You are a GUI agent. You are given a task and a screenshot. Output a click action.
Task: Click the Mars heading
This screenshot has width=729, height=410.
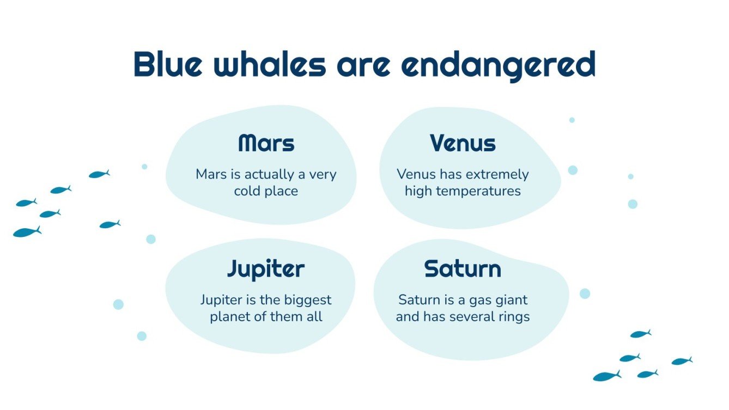pos(266,143)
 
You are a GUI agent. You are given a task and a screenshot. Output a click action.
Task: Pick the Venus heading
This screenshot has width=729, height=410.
pos(463,143)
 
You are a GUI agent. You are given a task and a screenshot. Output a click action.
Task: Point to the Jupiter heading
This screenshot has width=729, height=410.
pos(265,269)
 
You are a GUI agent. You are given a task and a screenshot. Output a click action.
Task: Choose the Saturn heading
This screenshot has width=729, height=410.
pos(463,269)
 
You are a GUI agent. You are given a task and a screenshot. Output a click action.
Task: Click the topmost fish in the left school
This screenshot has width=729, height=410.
pos(99,174)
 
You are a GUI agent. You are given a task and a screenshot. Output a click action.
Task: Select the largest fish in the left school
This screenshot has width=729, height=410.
pos(26,232)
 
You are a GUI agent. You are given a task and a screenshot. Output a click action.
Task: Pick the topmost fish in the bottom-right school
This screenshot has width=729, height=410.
pos(640,334)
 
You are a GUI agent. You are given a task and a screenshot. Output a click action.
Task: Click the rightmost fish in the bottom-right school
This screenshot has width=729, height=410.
pos(681,361)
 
